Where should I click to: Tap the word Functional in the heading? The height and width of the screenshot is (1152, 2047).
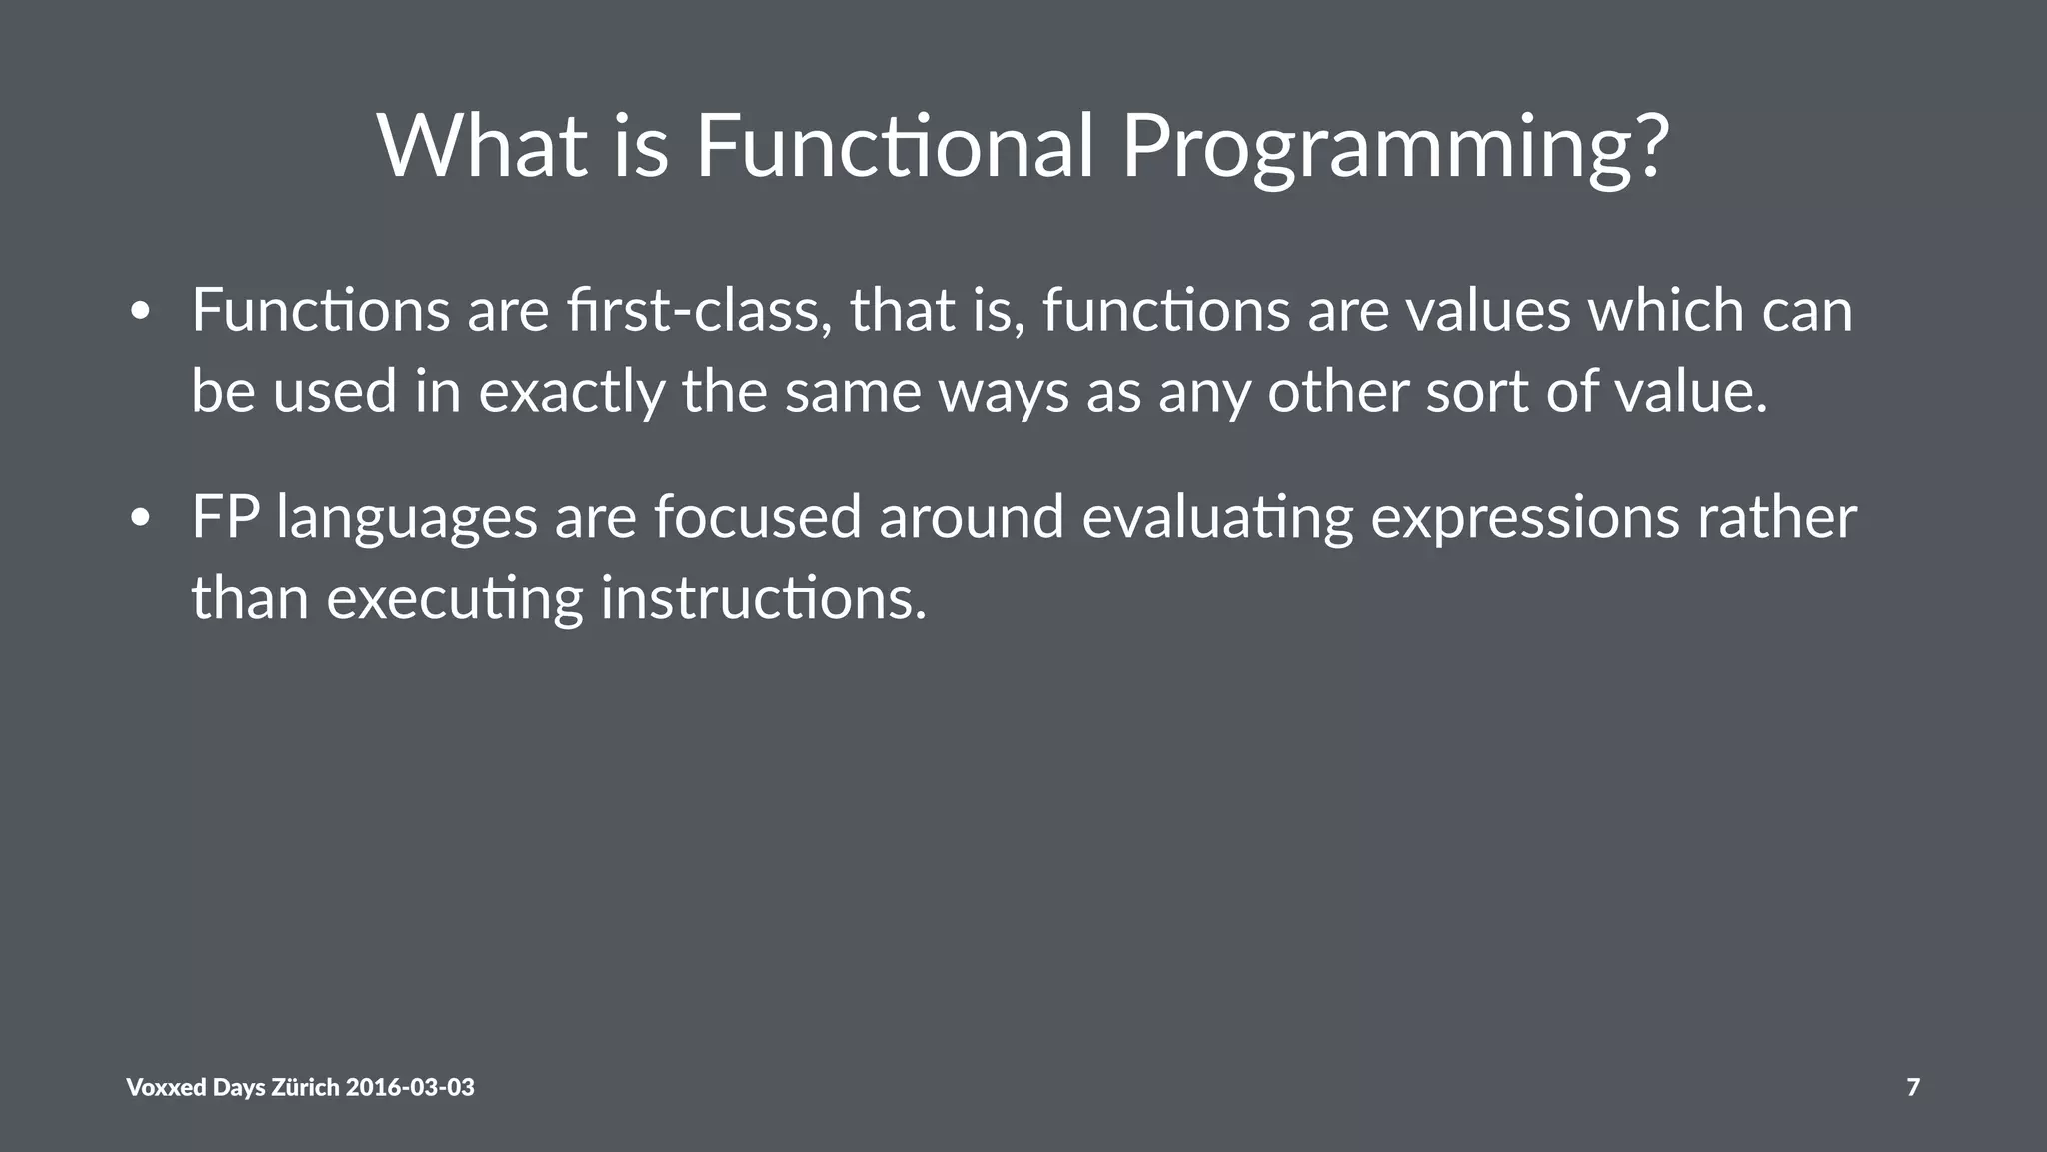[895, 146]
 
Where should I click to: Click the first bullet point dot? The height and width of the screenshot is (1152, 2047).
[140, 312]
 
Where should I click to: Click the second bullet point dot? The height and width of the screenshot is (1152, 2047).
[140, 519]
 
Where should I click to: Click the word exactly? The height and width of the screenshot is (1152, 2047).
[571, 391]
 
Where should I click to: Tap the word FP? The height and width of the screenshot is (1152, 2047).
[226, 517]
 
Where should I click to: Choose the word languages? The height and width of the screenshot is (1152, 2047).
[407, 519]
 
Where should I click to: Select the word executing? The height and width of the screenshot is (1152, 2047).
[455, 599]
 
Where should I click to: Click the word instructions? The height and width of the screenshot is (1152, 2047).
[764, 598]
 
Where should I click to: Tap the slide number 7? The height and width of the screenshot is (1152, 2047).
[1913, 1087]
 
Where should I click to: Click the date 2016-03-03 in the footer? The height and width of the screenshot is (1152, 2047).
[410, 1087]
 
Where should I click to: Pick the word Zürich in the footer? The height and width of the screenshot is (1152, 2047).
[305, 1087]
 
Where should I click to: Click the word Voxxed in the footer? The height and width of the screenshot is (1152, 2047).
[166, 1087]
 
